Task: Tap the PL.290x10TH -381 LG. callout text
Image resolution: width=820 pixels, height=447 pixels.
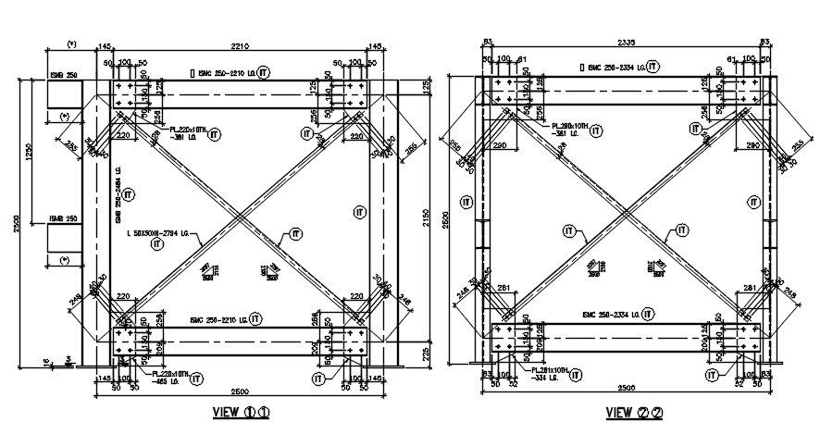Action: tap(570, 129)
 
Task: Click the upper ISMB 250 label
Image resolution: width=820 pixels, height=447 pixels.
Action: tap(63, 76)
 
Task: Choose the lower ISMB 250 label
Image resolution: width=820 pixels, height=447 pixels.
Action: tap(63, 219)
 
